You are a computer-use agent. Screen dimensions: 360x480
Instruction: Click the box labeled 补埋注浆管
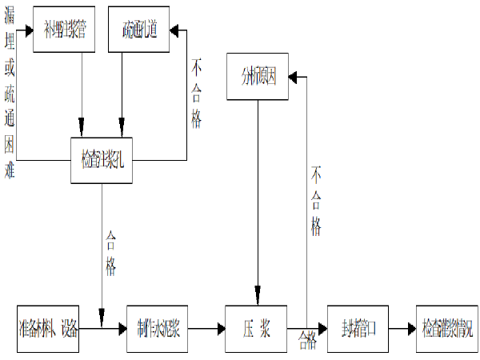(x=70, y=30)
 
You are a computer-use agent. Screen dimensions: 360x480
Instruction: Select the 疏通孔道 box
(x=141, y=30)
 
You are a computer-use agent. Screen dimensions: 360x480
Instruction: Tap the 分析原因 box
(x=258, y=77)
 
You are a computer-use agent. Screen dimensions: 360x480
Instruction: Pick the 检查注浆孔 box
(x=101, y=159)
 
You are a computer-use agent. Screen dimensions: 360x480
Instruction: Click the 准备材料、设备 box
(x=48, y=328)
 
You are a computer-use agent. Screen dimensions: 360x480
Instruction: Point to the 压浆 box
(x=257, y=328)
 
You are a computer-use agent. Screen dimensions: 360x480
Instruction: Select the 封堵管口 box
(x=358, y=328)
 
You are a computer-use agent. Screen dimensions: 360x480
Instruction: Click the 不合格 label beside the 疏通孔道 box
(x=196, y=93)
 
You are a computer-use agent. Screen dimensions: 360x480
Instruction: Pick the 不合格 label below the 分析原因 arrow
(x=316, y=200)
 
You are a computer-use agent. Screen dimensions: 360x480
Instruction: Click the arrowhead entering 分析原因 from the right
(x=294, y=77)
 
